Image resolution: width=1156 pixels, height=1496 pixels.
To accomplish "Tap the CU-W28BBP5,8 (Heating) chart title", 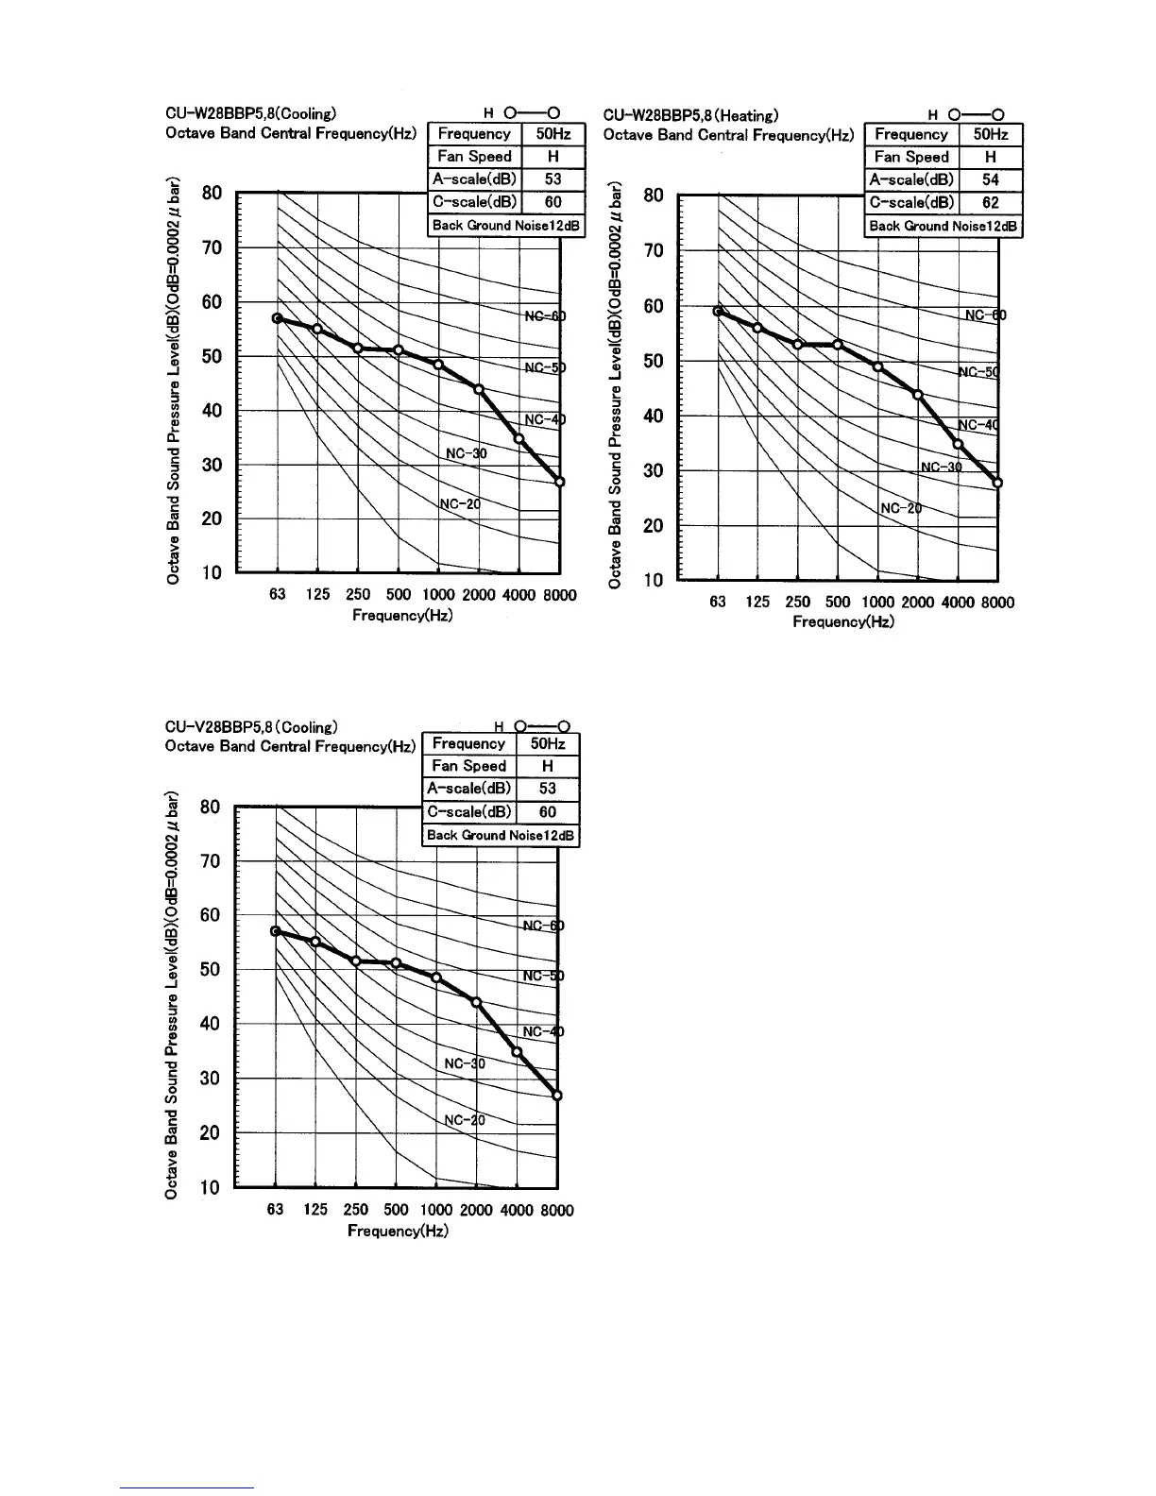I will (x=690, y=116).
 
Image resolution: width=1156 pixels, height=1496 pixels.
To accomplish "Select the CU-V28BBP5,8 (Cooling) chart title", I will (x=251, y=727).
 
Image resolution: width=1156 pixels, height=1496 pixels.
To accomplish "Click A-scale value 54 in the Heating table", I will (x=990, y=179).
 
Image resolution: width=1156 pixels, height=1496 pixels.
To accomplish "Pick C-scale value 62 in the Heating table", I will (x=990, y=202).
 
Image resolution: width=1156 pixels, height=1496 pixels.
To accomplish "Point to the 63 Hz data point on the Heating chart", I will (x=719, y=311).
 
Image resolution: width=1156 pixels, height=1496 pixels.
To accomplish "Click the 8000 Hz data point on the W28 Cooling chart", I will (x=559, y=482).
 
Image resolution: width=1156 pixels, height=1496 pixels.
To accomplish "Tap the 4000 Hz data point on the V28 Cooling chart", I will (x=517, y=1051).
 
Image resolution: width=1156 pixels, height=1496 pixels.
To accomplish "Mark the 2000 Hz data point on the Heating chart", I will (x=917, y=394).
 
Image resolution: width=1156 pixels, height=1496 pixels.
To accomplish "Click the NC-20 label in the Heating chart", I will (x=900, y=508).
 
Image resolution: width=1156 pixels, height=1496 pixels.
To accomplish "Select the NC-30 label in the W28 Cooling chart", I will (x=466, y=453).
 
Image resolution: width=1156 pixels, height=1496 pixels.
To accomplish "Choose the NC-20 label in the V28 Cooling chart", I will (x=464, y=1120).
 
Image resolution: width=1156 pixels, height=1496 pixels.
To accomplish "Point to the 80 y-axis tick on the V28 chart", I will (x=211, y=807).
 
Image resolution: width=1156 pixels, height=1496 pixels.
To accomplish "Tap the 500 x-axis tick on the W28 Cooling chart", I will (x=399, y=595).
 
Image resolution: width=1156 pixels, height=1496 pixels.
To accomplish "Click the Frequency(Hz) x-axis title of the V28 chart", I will (x=398, y=1231).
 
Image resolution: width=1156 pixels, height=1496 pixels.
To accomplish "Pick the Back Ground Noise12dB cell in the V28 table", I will (x=500, y=835).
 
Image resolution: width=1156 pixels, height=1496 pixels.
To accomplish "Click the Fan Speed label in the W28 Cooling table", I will (x=474, y=157).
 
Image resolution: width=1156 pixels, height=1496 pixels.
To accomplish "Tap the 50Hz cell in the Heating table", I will (x=990, y=135).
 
